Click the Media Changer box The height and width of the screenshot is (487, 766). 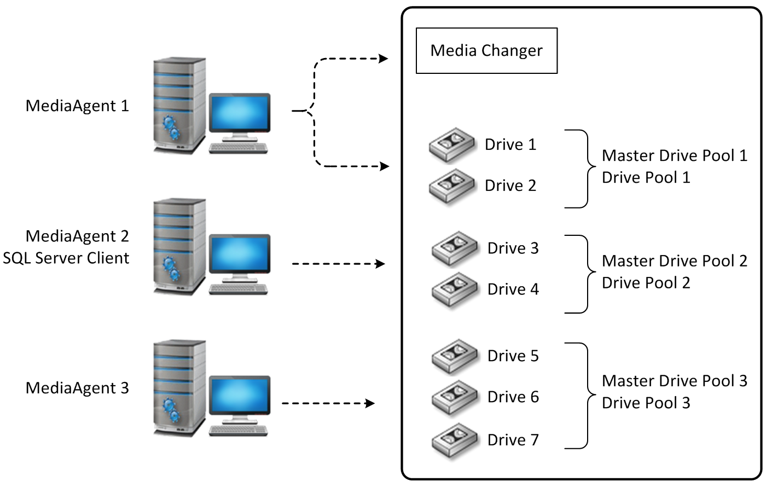click(x=486, y=51)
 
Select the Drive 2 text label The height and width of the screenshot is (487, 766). click(x=510, y=186)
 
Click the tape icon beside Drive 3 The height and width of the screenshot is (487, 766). click(x=454, y=250)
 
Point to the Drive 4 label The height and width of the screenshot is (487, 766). click(x=513, y=289)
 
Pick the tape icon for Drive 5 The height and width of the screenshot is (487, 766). click(x=454, y=357)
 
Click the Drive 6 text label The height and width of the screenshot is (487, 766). click(x=513, y=397)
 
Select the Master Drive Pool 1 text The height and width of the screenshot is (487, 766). click(x=674, y=156)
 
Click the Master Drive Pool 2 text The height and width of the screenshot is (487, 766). click(x=674, y=261)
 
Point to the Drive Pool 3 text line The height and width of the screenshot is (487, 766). click(x=646, y=403)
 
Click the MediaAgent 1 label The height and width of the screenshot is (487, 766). click(x=77, y=106)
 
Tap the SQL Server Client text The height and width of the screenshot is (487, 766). click(x=66, y=258)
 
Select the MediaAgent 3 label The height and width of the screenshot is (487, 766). click(x=77, y=389)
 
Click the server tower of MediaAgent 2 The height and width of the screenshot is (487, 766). click(x=179, y=246)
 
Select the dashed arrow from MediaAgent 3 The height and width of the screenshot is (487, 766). click(x=328, y=404)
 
